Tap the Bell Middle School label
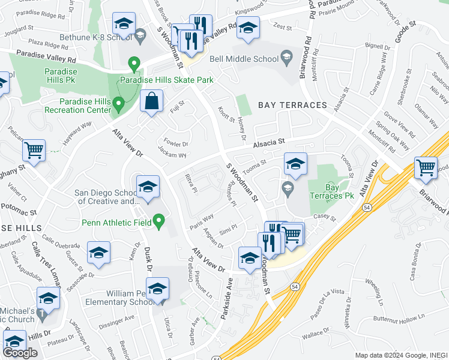pos(244,59)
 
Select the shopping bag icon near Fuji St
pos(152,102)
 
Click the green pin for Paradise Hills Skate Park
pos(135,63)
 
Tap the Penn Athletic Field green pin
pos(159,222)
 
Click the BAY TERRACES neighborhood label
pos(292,105)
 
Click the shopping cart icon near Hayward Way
pos(34,151)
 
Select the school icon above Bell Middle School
pos(247,28)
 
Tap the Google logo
pos(20,353)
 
